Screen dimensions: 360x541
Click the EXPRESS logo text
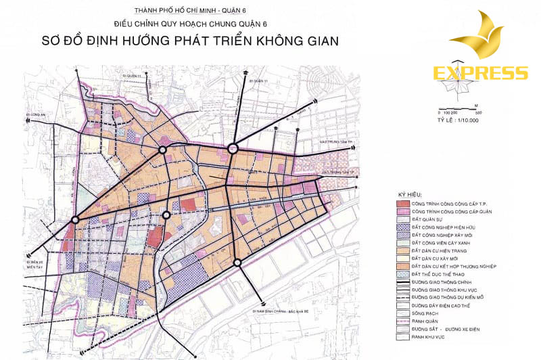(480, 73)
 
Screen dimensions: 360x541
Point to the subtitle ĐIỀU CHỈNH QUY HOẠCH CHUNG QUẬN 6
(181, 24)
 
